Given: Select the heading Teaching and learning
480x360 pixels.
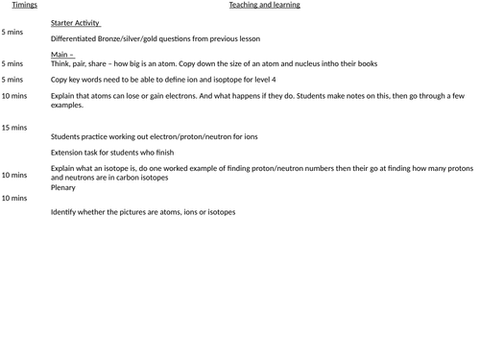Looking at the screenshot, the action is tap(264, 5).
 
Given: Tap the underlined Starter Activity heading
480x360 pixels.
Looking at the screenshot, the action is tap(76, 22).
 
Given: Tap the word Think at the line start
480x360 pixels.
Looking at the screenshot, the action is tap(61, 63).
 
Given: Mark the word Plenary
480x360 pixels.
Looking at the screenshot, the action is tap(64, 188).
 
